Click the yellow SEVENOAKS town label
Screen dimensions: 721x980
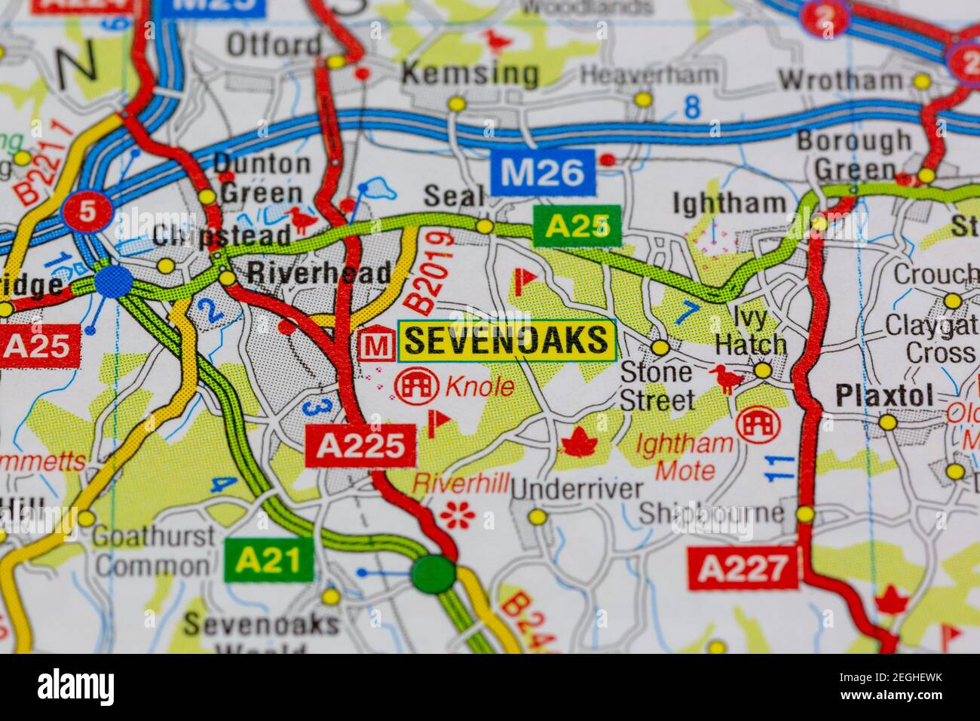click(x=507, y=341)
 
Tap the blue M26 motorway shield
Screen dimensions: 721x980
click(x=543, y=172)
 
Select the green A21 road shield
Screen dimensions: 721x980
click(x=268, y=560)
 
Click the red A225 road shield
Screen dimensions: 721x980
click(x=360, y=446)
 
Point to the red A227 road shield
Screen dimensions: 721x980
click(x=743, y=569)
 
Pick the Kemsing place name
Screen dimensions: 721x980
click(x=470, y=74)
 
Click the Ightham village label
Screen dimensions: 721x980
click(x=728, y=202)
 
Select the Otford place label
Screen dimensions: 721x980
click(x=274, y=45)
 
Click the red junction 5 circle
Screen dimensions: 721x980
click(x=88, y=212)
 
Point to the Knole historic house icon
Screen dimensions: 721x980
click(x=417, y=386)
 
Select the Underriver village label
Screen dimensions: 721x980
click(x=577, y=489)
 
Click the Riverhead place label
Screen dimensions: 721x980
click(x=319, y=272)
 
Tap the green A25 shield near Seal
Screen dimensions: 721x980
click(x=577, y=226)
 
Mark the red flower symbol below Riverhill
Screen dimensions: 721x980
click(x=458, y=514)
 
